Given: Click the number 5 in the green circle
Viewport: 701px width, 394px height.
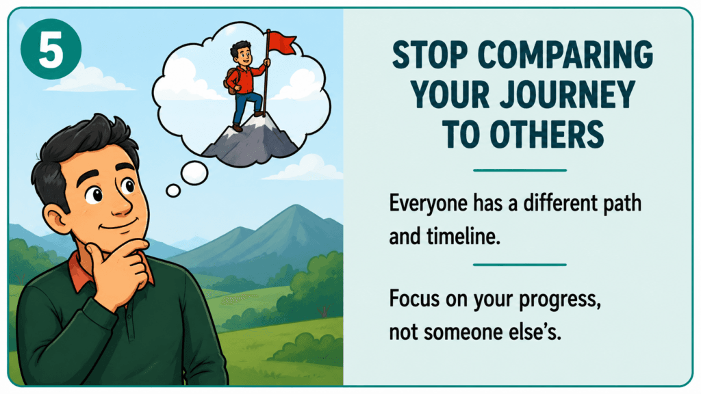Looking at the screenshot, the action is pos(51,49).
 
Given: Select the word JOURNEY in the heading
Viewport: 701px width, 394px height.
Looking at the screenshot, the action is pos(568,94).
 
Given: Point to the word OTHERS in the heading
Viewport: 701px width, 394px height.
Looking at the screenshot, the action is pos(547,134).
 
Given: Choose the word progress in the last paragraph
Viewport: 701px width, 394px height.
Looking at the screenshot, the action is pos(560,300).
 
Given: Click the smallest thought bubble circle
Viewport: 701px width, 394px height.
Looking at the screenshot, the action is pos(173,191).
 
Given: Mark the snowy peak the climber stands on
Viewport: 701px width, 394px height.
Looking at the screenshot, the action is pos(251,136).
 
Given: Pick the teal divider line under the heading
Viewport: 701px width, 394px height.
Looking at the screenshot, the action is pos(520,170).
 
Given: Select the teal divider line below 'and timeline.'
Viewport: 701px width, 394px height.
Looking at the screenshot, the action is pos(520,265).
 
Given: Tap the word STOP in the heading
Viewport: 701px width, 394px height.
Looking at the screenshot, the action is pos(429,55).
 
